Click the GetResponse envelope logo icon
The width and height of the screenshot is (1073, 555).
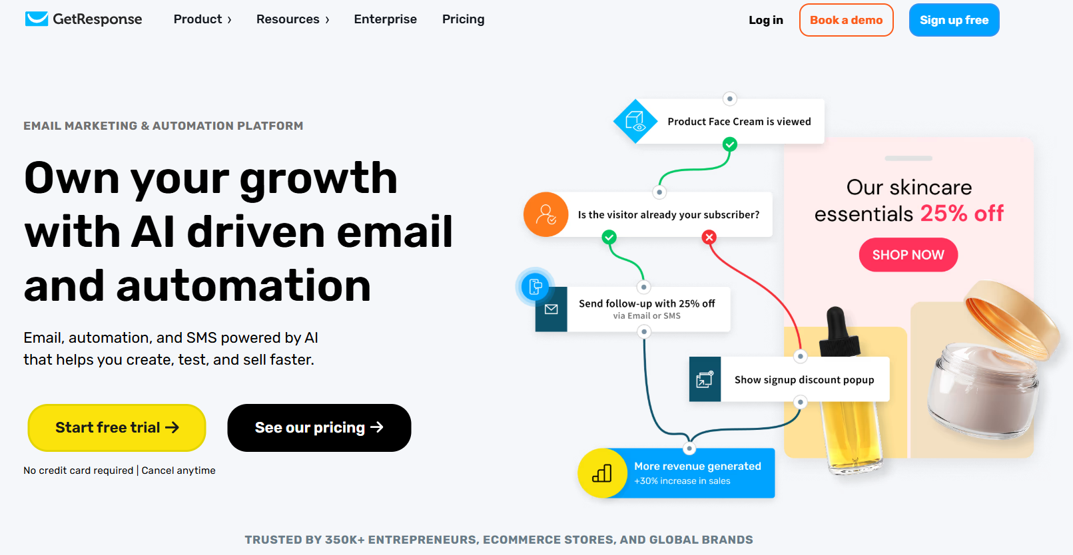pos(37,19)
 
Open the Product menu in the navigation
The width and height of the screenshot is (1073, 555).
pos(202,19)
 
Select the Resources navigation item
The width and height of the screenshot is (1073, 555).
pos(292,19)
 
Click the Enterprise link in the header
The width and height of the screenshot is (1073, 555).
pos(385,19)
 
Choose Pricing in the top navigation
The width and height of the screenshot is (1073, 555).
pos(463,19)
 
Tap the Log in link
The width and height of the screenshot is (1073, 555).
pos(766,20)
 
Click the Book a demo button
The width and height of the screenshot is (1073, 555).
pos(846,20)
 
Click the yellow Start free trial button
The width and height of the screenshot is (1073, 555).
pos(117,427)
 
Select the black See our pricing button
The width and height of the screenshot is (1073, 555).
pos(319,427)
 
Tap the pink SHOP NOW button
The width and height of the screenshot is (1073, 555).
pos(908,254)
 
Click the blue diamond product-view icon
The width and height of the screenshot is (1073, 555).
pos(635,122)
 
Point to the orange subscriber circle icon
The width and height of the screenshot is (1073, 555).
pos(545,214)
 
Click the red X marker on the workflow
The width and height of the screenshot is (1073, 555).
pos(709,237)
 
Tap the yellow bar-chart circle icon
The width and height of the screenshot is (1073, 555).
pos(602,473)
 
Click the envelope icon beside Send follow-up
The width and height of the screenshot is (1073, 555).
pos(551,309)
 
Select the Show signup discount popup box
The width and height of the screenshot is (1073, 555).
pos(789,379)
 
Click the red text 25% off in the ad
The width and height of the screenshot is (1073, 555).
pos(961,214)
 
